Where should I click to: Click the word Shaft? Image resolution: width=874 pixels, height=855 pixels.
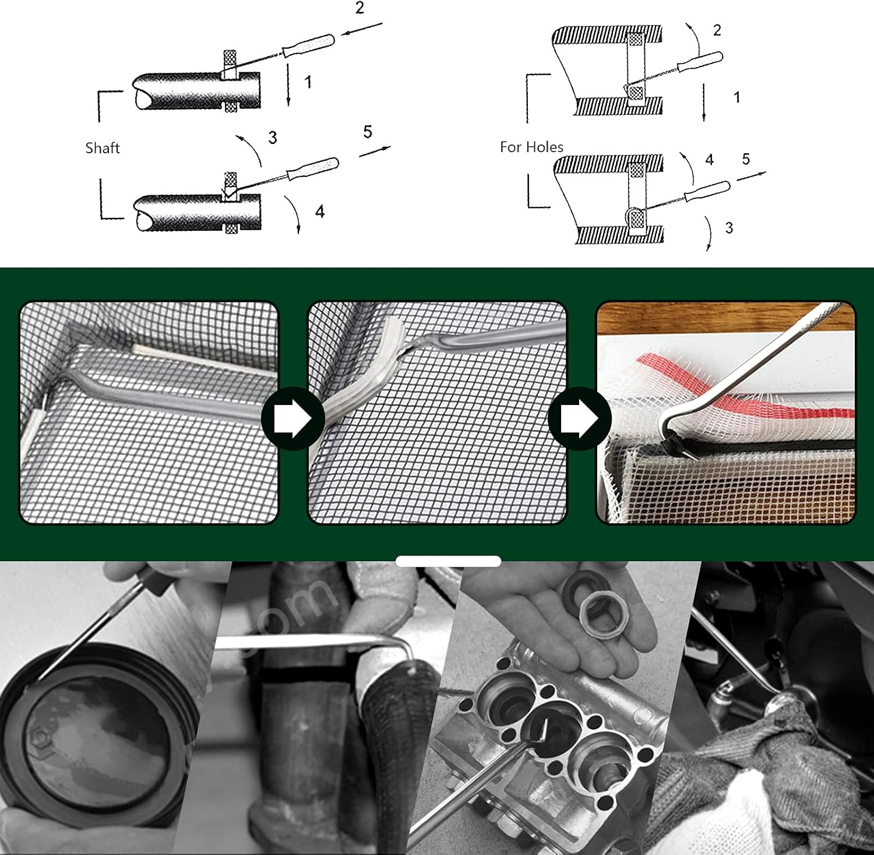click(103, 148)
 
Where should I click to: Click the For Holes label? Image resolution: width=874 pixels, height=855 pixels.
click(531, 147)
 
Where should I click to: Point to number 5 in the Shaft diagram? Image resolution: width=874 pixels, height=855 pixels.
click(368, 132)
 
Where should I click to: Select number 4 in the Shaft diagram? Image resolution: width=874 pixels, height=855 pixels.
click(320, 211)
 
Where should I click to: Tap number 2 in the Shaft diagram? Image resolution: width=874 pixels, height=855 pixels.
click(360, 8)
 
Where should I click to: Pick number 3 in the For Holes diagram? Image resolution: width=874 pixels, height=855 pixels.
click(729, 228)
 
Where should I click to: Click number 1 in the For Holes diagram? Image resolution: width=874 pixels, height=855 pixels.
click(737, 97)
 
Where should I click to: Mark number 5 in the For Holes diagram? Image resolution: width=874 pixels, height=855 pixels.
click(746, 159)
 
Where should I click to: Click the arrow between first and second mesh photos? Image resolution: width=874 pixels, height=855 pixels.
click(292, 418)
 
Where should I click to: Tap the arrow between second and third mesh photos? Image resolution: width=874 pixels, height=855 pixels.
click(579, 418)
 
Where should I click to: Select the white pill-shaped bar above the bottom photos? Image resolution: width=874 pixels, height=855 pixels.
click(448, 561)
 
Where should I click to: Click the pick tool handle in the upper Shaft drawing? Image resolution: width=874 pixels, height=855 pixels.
click(308, 45)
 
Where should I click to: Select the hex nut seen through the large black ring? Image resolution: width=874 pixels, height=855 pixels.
click(39, 740)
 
